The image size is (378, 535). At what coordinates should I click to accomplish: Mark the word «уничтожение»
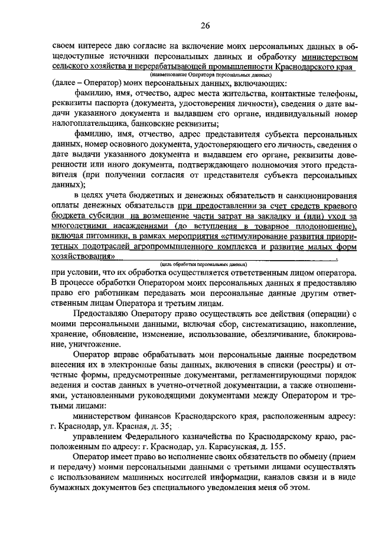click(x=89, y=345)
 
